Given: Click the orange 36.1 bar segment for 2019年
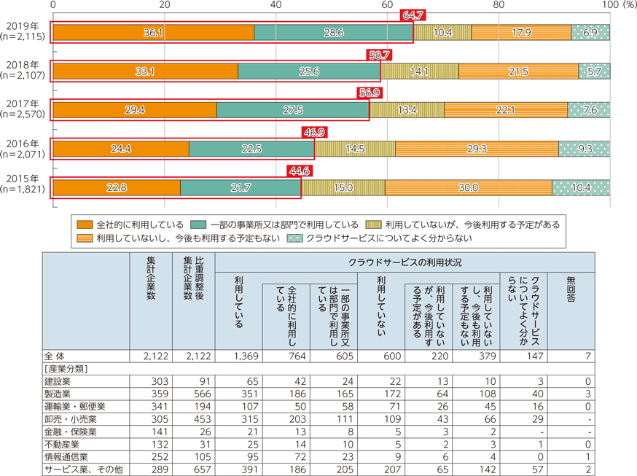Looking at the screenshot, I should click(153, 33).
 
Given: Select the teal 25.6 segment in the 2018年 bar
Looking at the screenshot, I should click(309, 71).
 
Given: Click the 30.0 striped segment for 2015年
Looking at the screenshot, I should click(468, 188).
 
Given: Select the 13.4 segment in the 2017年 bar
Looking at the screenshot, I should click(407, 110).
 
